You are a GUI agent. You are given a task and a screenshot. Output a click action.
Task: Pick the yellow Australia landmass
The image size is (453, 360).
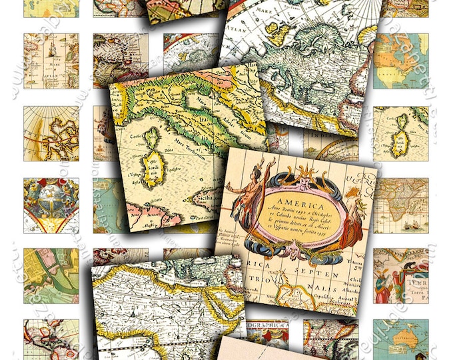click(400, 341)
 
